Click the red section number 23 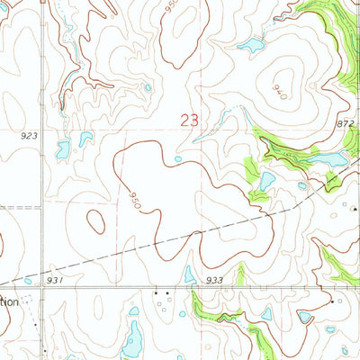click(190, 120)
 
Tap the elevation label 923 click(29, 135)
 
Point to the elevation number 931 click(56, 280)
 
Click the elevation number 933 click(213, 281)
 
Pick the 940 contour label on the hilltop click(279, 91)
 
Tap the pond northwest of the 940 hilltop click(250, 46)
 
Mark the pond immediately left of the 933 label click(190, 274)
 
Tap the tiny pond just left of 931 click(27, 281)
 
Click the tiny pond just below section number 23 click(178, 159)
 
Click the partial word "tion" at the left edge click(9, 302)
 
